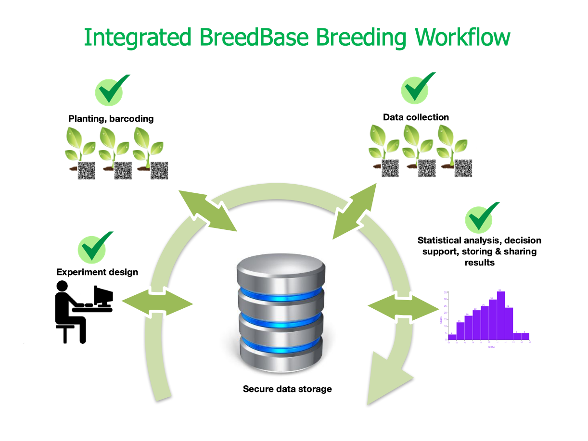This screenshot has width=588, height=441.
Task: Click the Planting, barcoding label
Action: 111,119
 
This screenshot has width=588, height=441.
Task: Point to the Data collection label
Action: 416,117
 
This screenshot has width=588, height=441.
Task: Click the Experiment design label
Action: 97,272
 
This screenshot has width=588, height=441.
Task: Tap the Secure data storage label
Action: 287,389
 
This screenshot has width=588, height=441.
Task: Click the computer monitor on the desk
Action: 103,296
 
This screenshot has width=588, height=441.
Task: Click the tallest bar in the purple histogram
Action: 501,315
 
